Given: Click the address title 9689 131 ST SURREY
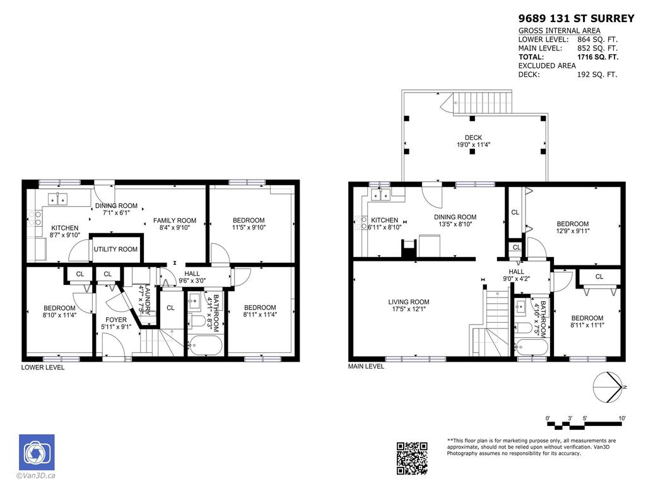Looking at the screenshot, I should pyautogui.click(x=576, y=18).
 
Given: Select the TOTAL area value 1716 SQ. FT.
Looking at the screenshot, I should pyautogui.click(x=598, y=57).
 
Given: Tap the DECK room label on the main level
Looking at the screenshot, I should pyautogui.click(x=473, y=141).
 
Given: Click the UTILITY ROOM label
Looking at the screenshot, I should pyautogui.click(x=115, y=250).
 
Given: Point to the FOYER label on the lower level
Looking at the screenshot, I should pyautogui.click(x=116, y=323).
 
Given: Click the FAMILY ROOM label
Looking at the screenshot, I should pyautogui.click(x=175, y=224).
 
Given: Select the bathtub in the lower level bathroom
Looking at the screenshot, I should pyautogui.click(x=205, y=345).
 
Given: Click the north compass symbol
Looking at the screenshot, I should pyautogui.click(x=609, y=387).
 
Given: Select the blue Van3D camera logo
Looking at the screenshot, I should pyautogui.click(x=37, y=452).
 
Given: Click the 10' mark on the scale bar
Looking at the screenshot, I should pyautogui.click(x=621, y=418).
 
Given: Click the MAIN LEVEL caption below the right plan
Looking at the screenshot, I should pyautogui.click(x=366, y=366).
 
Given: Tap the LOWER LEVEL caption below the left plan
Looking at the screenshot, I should pyautogui.click(x=43, y=367).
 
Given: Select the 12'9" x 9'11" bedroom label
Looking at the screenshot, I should pyautogui.click(x=572, y=228).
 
